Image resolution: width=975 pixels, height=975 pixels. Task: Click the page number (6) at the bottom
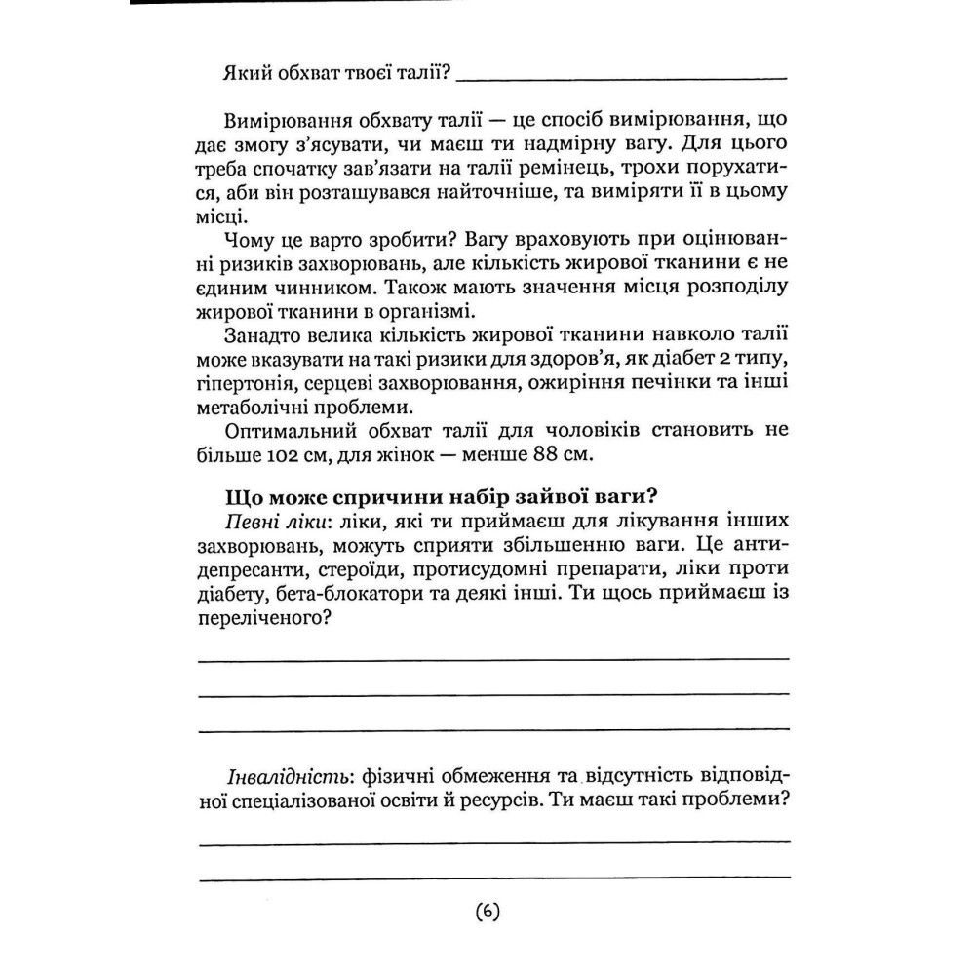point(487,913)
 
